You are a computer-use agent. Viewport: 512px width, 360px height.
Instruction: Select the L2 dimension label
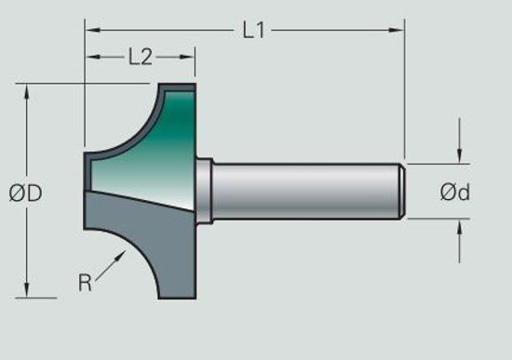click(x=140, y=58)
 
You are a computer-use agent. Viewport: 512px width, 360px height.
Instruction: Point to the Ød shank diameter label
click(x=455, y=193)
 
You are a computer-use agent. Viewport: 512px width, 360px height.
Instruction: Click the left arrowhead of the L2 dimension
click(x=91, y=58)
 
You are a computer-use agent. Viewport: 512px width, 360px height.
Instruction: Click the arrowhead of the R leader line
click(x=121, y=253)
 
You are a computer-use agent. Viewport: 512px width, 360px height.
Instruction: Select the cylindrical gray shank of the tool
click(x=307, y=192)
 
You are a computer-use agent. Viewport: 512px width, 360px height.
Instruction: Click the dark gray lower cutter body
click(x=158, y=251)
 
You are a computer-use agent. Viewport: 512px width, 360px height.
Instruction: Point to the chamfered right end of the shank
click(x=401, y=192)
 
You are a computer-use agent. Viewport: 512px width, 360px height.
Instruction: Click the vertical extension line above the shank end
click(x=404, y=93)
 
